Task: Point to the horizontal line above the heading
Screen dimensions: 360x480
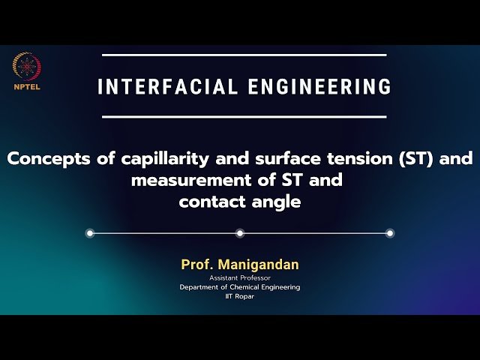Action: pyautogui.click(x=244, y=55)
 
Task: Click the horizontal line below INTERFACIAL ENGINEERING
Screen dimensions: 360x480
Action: pyautogui.click(x=244, y=116)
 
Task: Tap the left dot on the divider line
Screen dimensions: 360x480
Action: pyautogui.click(x=90, y=233)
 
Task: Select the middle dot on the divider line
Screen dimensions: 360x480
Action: pyautogui.click(x=240, y=233)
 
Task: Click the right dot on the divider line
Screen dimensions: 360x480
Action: pyautogui.click(x=390, y=233)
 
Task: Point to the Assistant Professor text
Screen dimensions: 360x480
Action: pyautogui.click(x=240, y=278)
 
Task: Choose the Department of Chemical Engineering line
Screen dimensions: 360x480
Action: pyautogui.click(x=240, y=287)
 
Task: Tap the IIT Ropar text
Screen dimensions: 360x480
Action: pyautogui.click(x=240, y=296)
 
